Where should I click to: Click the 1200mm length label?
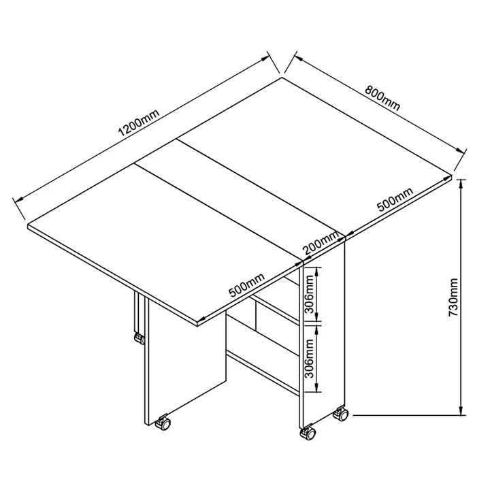click(139, 122)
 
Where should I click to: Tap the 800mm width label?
click(382, 98)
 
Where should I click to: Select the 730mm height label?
click(453, 297)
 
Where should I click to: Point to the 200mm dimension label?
click(321, 243)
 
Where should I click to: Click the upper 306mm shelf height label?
click(309, 294)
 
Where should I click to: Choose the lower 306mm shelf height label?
click(309, 358)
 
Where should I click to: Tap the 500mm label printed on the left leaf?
click(247, 284)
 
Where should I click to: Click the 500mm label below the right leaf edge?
click(395, 199)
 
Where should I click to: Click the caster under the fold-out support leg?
click(140, 338)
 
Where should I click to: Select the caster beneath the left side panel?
click(163, 423)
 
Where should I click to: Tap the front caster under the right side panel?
click(308, 432)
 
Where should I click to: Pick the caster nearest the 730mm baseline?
click(341, 414)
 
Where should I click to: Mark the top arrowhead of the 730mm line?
click(461, 184)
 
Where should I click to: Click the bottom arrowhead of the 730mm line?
click(461, 411)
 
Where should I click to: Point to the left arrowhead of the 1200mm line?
click(19, 199)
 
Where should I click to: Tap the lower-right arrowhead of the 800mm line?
click(459, 150)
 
